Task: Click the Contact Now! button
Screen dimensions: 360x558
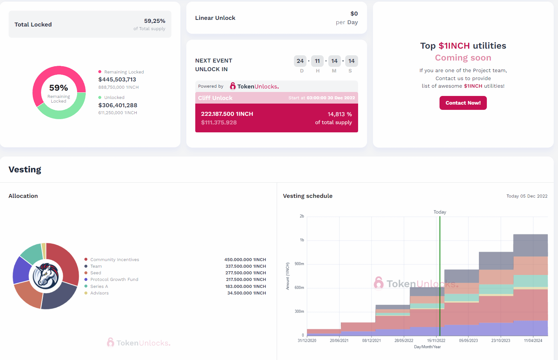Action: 463,103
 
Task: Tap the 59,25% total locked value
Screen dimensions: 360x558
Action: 155,21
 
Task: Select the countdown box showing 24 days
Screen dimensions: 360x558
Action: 300,61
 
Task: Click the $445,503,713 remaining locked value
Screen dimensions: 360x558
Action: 117,79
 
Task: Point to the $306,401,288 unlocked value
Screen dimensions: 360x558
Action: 118,105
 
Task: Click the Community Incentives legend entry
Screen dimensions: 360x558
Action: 115,260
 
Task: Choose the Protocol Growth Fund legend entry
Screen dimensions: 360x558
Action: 114,280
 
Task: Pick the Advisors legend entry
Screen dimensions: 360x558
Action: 99,293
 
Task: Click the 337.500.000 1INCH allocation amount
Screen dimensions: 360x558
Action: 246,266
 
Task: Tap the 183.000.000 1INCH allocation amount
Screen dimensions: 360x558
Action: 246,287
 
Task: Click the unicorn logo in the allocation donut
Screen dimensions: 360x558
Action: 46,276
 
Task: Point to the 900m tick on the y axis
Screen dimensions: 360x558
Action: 299,264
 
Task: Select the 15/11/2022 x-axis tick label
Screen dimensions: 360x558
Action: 436,340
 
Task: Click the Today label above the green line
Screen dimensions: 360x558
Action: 440,212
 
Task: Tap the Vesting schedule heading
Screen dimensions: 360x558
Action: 307,196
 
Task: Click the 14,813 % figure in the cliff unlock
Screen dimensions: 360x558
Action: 340,114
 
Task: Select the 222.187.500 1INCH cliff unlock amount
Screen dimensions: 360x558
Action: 227,114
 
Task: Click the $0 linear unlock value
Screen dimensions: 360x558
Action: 354,14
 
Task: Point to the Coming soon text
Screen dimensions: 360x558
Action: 463,58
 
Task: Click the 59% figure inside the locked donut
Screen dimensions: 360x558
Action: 59,88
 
